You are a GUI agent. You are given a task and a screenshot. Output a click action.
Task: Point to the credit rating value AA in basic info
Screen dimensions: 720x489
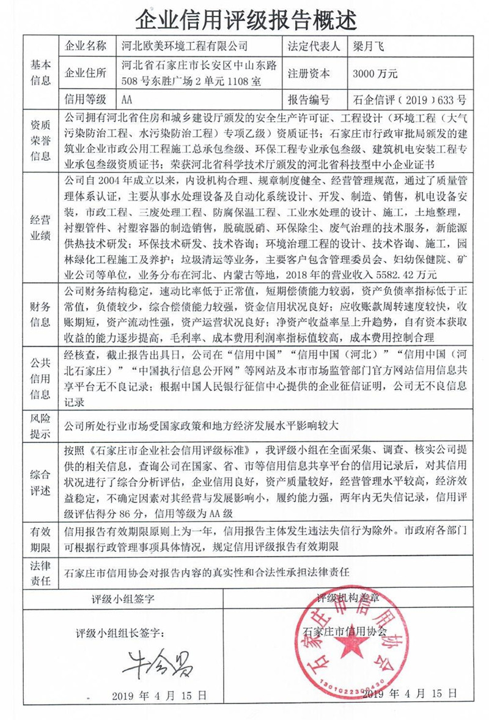(127, 100)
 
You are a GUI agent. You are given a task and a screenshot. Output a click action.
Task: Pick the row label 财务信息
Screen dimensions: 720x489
(40, 313)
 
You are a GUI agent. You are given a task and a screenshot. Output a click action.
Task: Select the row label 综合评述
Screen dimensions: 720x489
(40, 481)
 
